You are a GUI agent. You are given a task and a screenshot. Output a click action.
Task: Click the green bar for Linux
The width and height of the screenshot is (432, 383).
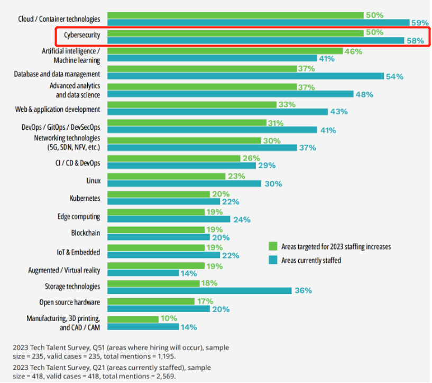click(166, 176)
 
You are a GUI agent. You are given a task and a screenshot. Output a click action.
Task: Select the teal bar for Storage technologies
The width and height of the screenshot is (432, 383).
click(199, 291)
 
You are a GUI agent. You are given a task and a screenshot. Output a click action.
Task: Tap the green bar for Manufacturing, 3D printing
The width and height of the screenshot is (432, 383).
click(133, 319)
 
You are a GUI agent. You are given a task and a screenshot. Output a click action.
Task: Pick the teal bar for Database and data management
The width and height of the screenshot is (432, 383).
click(245, 76)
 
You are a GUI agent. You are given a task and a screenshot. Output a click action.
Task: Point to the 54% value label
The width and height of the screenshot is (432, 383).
click(394, 77)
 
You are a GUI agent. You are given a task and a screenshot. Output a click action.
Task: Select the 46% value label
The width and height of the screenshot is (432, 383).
click(353, 52)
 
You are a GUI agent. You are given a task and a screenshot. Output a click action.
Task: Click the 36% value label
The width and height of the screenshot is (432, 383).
click(303, 291)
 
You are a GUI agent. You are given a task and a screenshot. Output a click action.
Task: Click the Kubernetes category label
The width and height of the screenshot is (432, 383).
click(85, 198)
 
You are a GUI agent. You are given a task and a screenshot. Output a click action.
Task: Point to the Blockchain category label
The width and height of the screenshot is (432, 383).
click(85, 233)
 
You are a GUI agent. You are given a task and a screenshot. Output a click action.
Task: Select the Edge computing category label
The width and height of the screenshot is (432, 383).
click(78, 216)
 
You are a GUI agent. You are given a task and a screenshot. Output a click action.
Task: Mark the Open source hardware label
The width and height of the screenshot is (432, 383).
click(69, 302)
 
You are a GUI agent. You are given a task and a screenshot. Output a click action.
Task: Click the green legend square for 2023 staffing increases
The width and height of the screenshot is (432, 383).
click(273, 246)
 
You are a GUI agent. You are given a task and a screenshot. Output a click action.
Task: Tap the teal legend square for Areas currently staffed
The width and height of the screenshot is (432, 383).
click(273, 260)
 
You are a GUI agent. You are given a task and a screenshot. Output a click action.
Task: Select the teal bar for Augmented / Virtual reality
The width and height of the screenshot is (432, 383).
click(143, 273)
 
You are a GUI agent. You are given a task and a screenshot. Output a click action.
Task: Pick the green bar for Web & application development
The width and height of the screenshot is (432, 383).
click(192, 105)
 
